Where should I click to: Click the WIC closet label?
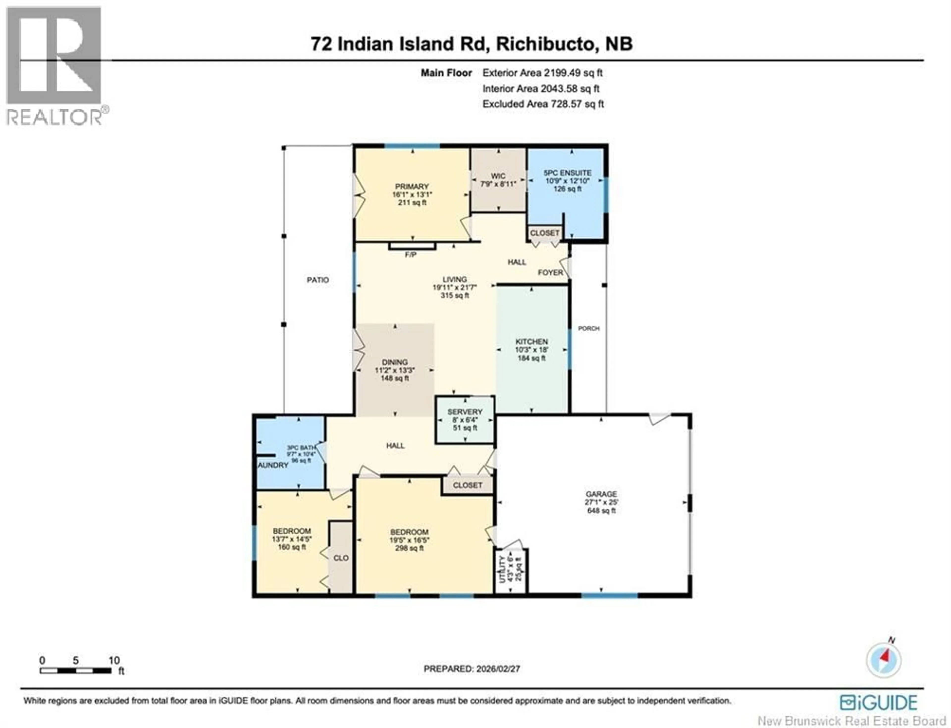click(x=498, y=176)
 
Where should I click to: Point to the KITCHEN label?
click(x=531, y=341)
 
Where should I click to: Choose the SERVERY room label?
click(x=465, y=412)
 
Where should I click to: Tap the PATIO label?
click(x=318, y=280)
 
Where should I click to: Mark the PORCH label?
click(x=589, y=328)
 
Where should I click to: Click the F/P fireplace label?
click(x=410, y=255)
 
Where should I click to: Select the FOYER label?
click(x=550, y=273)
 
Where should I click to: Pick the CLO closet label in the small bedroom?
click(x=341, y=558)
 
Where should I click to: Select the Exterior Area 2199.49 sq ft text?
click(x=542, y=73)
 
